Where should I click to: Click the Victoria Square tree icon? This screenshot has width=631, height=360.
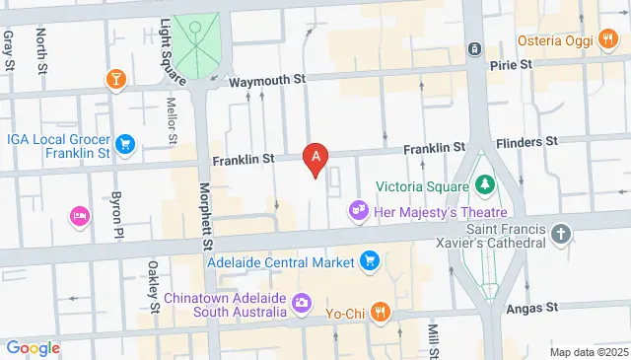point(484,184)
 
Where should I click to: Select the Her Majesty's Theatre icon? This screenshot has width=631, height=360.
point(359,211)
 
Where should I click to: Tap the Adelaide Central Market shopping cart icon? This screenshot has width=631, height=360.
point(369,261)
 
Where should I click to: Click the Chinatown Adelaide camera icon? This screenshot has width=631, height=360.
point(302,302)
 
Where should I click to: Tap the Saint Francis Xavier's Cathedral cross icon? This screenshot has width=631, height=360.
point(561,235)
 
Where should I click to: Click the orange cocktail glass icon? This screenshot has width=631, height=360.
point(117,79)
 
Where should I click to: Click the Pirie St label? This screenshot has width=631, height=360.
point(512,64)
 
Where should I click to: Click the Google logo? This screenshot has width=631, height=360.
point(33,347)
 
